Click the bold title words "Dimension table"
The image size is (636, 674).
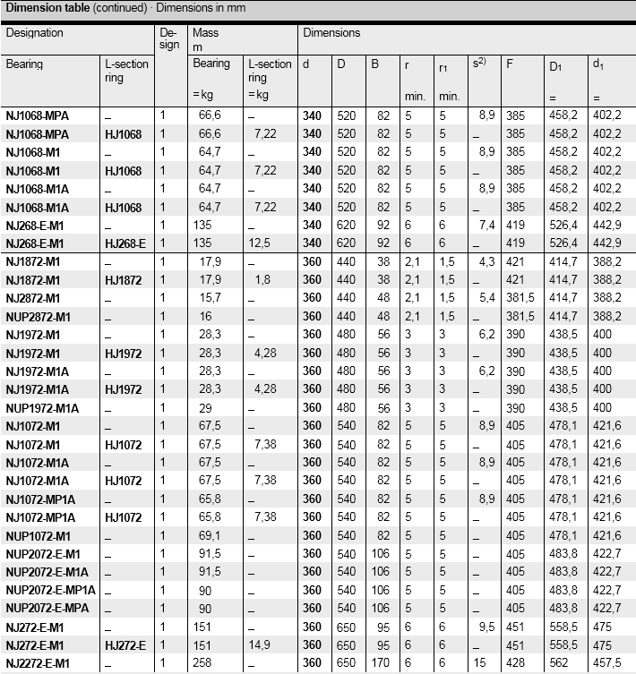pos(46,8)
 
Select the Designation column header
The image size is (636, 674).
pos(35,33)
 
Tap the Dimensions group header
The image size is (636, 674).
pos(331,33)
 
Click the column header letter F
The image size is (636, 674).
pos(510,64)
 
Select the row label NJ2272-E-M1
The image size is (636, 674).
pos(39,662)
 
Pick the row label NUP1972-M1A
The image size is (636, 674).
pos(43,407)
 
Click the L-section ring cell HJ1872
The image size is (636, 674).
pos(124,279)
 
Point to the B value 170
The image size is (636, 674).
pos(381,662)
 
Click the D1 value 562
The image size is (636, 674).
pos(558,662)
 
